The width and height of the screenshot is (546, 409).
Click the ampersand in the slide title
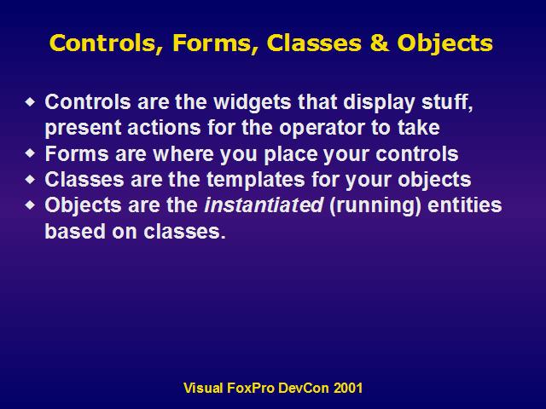pos(379,43)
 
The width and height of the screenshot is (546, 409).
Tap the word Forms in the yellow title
pos(216,43)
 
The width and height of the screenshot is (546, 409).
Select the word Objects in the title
pos(444,44)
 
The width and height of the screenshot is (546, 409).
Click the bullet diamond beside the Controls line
pos(31,102)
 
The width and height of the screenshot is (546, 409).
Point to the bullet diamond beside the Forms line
pos(31,153)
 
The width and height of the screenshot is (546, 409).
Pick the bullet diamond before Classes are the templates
pos(31,179)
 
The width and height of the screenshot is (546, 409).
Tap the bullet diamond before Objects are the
pos(31,204)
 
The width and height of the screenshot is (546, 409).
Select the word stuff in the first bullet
pos(447,102)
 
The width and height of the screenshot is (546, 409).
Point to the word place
pos(290,154)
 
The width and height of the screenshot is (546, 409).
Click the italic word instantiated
pos(264,205)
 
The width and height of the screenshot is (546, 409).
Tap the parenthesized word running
pos(375,206)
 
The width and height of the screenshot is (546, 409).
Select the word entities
pos(464,205)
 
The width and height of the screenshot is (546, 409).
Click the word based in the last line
pos(75,231)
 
